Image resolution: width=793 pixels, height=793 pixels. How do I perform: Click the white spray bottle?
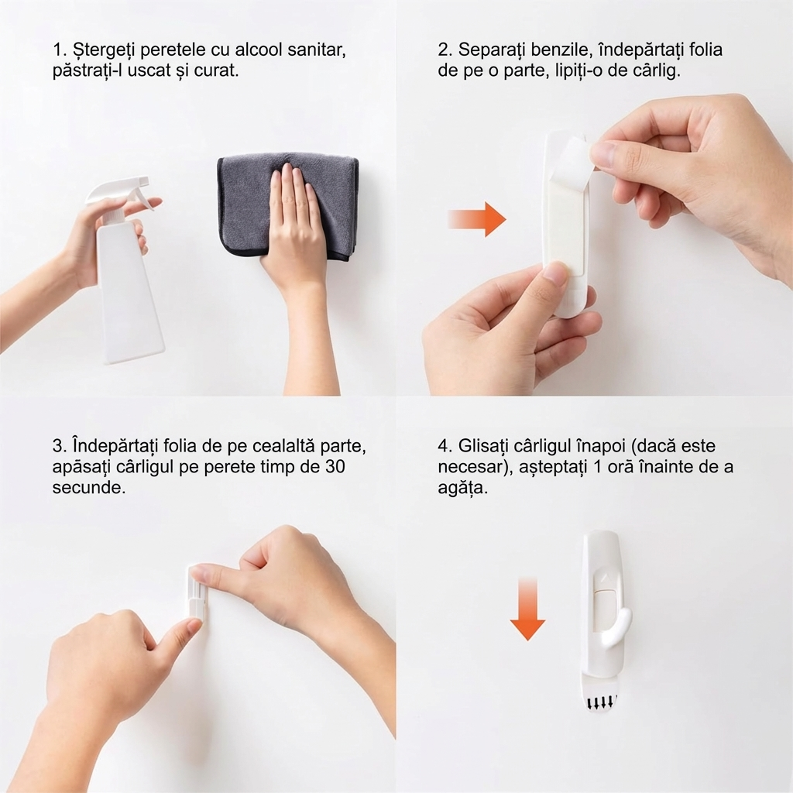coord(129,283)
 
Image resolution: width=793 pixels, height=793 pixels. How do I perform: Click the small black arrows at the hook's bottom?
coord(600,703)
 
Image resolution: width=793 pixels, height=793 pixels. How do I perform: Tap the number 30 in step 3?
coord(334,466)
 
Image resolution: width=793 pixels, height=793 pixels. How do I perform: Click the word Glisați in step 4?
coord(485,447)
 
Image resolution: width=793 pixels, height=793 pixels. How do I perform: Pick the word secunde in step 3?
coord(88,488)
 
